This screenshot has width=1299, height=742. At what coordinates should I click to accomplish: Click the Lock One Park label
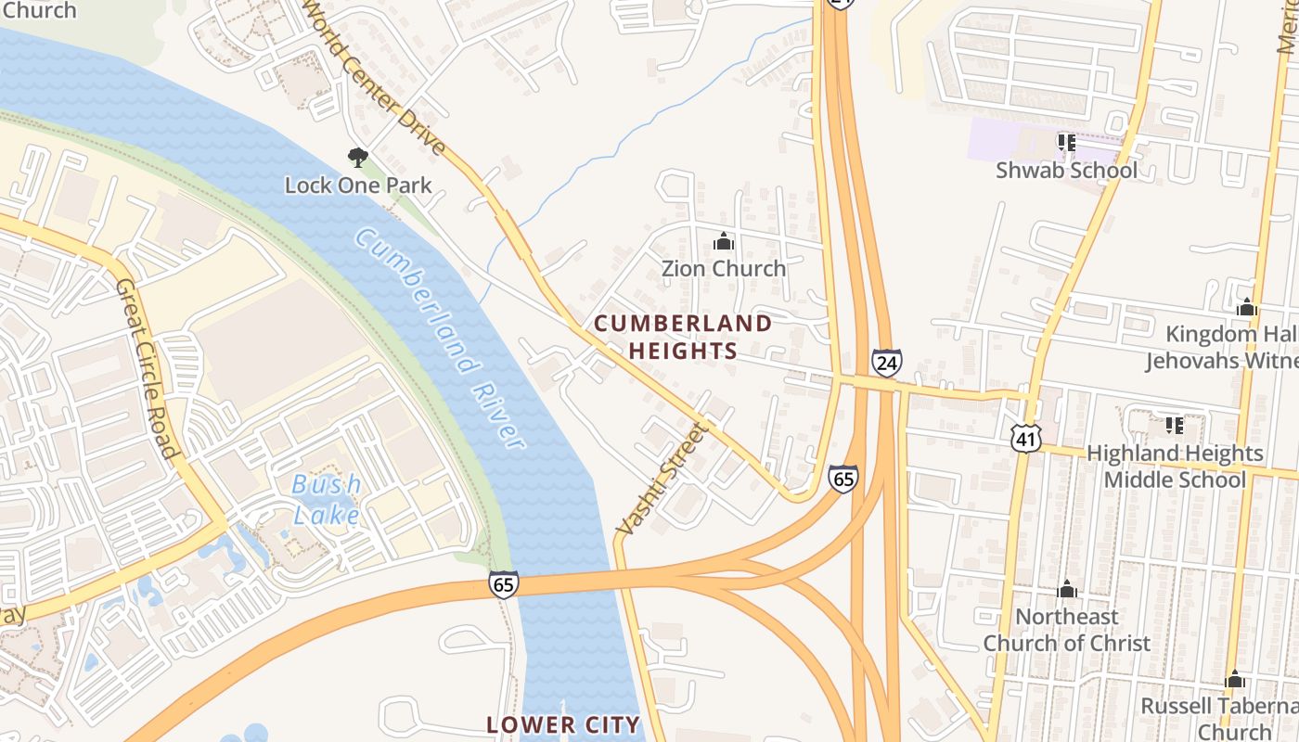click(358, 185)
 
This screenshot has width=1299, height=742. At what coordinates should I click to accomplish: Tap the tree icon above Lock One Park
click(358, 157)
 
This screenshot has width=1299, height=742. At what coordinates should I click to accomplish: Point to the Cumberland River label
click(440, 338)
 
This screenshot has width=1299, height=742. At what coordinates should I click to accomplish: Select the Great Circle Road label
click(146, 368)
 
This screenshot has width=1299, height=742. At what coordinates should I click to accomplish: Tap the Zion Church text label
click(723, 268)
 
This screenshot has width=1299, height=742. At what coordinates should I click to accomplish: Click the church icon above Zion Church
click(724, 242)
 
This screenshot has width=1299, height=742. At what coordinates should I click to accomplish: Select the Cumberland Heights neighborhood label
click(683, 337)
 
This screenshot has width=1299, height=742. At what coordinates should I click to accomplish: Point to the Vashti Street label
click(661, 479)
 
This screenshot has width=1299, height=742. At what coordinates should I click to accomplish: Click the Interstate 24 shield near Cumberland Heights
click(886, 362)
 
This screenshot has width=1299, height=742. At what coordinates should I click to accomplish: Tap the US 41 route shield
click(1027, 439)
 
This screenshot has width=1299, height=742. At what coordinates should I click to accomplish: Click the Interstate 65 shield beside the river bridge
click(503, 584)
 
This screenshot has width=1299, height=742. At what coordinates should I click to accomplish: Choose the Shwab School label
click(1066, 170)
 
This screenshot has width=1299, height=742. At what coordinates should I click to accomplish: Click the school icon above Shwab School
click(1066, 143)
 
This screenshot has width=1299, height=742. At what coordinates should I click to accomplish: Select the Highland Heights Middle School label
click(1174, 466)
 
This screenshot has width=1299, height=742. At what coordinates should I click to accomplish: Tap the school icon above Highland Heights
click(1175, 426)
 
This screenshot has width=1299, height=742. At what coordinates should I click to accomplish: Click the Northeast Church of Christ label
click(1066, 629)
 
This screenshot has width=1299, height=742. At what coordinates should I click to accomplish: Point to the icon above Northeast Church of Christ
click(1067, 590)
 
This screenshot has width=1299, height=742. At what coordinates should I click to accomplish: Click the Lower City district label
click(563, 724)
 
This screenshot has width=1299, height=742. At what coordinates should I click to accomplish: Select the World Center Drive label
click(376, 79)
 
